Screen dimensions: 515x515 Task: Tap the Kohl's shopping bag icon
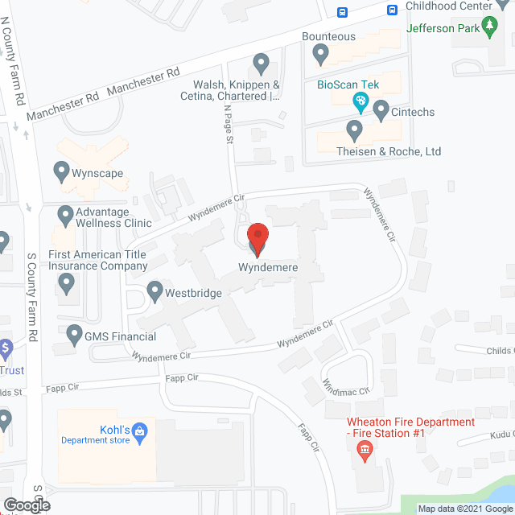(x=139, y=431)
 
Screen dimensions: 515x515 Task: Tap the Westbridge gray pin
(x=155, y=290)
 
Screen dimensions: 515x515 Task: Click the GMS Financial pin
(x=75, y=332)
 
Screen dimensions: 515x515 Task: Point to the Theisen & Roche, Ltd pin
(x=354, y=129)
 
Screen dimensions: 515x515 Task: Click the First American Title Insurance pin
(x=67, y=282)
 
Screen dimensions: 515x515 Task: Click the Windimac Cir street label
(x=344, y=386)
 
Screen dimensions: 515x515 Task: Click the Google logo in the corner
(x=26, y=505)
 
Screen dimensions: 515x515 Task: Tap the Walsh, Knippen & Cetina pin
(x=261, y=62)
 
